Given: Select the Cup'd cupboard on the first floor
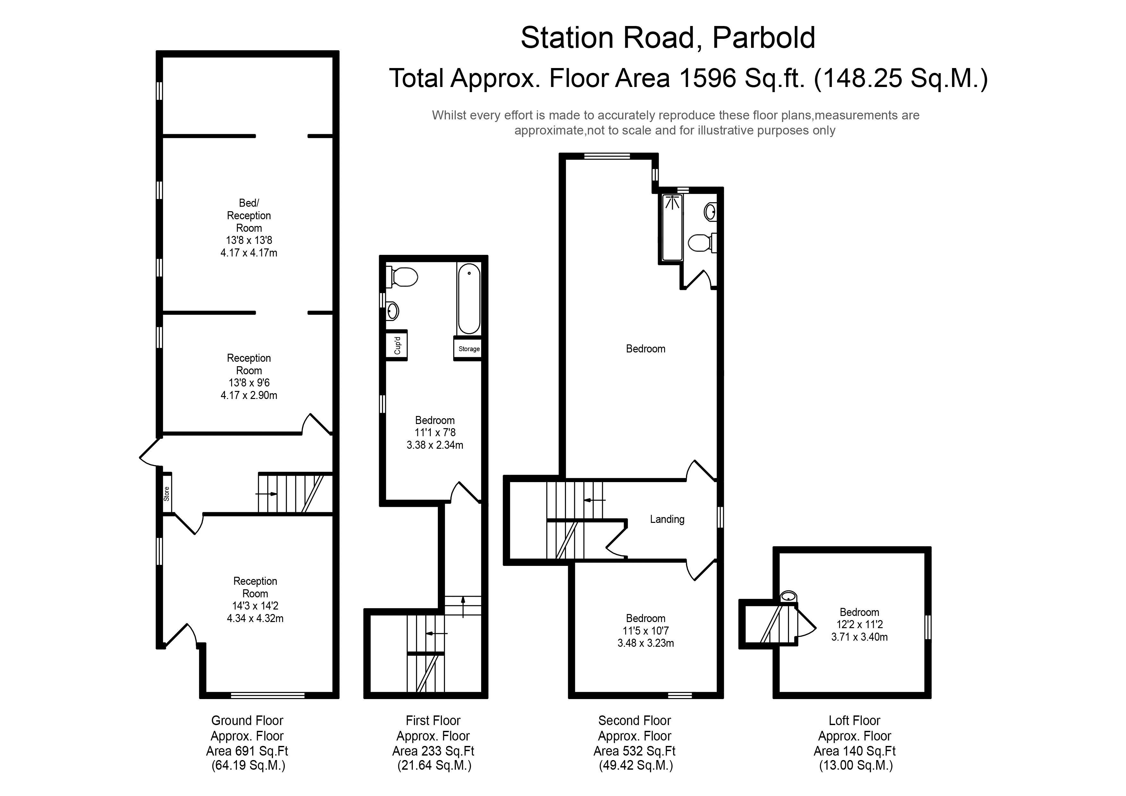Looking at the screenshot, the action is click(397, 345).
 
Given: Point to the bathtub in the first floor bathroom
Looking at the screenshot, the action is click(469, 299).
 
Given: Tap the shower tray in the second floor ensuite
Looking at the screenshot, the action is click(672, 228).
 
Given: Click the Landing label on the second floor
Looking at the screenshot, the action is click(667, 519).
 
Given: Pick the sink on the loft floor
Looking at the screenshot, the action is click(788, 596).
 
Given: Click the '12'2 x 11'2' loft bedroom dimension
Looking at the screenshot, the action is click(859, 624).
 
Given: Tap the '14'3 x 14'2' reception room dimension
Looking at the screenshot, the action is click(255, 606).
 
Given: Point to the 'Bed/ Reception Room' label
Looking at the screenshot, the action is click(249, 215).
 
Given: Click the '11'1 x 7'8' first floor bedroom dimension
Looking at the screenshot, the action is click(435, 433).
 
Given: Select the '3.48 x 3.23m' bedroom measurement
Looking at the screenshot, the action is click(645, 643).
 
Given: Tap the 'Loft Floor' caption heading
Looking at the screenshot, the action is click(854, 721).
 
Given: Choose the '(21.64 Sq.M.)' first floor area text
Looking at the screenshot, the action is click(434, 766).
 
